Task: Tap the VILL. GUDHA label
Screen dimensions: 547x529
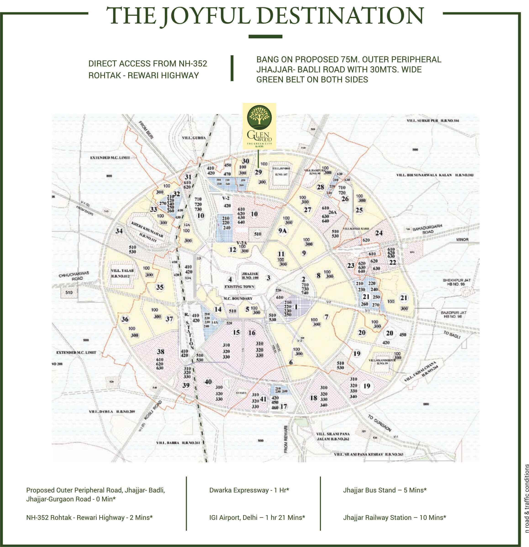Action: click(194, 138)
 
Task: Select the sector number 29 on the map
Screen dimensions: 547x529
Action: click(258, 172)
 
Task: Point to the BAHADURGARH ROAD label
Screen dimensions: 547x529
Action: click(427, 229)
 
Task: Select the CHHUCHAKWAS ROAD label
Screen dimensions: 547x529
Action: click(74, 276)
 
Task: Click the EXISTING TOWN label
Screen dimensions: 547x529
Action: click(239, 287)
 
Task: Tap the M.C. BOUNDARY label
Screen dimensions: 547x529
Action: click(238, 298)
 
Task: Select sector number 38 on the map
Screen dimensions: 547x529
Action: click(161, 351)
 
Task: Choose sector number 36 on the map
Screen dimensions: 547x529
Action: click(125, 319)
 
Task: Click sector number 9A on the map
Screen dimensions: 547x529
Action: click(282, 231)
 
